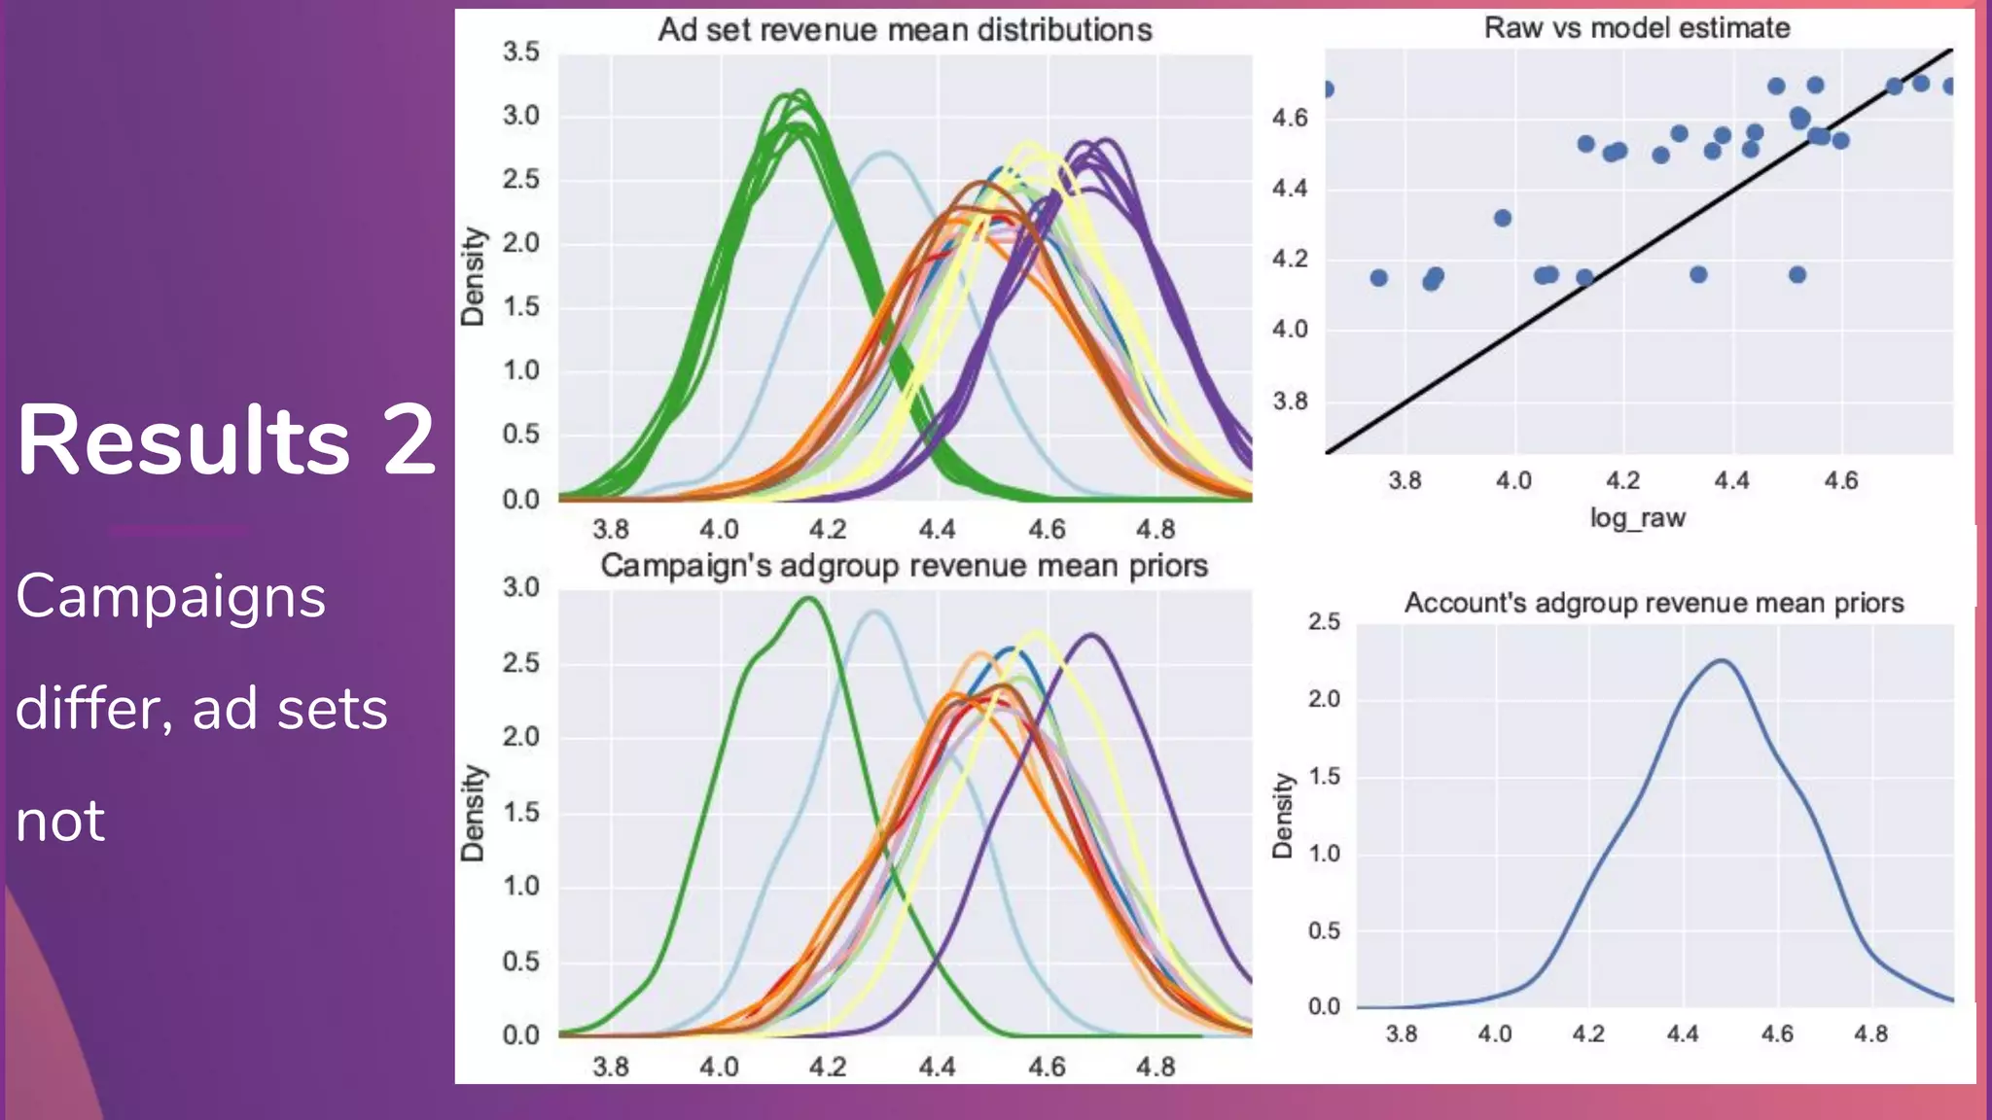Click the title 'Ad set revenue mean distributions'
[905, 30]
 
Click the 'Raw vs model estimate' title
[1637, 28]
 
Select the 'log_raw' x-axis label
[1637, 518]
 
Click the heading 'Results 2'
[226, 440]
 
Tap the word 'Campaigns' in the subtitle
[171, 596]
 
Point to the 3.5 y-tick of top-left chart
[521, 52]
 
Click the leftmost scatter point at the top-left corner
[1328, 89]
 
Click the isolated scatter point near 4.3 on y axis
[1503, 218]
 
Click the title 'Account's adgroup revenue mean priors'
[1654, 604]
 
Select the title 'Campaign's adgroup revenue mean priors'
[904, 566]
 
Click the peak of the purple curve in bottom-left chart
[1092, 636]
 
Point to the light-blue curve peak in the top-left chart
[883, 153]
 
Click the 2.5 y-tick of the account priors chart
[1324, 622]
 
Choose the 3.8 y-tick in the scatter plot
[1290, 401]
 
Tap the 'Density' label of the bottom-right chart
[1283, 815]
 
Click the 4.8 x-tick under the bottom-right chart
[1870, 1034]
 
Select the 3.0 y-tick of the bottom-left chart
[521, 588]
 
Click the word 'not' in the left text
[60, 821]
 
